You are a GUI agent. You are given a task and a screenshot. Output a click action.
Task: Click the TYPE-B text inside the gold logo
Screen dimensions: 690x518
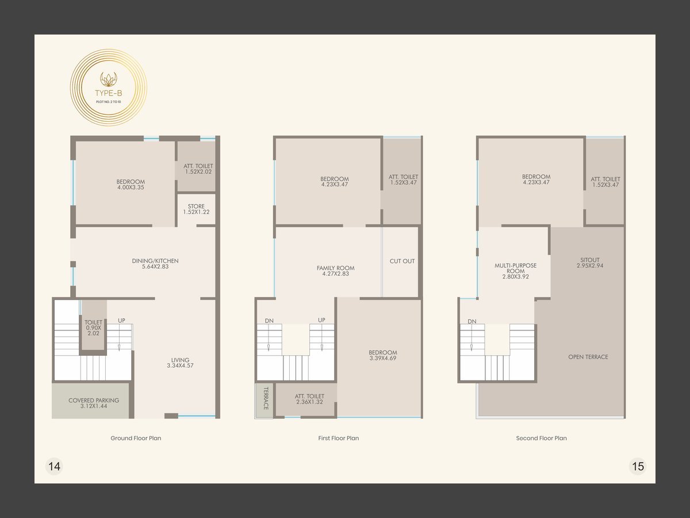109,93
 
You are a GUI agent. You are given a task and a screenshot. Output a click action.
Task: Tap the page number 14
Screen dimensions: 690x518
55,466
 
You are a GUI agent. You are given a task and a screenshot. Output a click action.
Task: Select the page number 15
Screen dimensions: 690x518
638,466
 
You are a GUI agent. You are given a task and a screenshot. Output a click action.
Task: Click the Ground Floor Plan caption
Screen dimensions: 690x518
136,438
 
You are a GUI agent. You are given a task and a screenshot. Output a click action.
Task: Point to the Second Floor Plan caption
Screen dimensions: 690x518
541,438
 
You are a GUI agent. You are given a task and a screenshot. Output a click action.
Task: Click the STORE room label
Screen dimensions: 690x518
196,206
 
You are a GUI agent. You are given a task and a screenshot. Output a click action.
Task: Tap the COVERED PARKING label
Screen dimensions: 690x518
94,401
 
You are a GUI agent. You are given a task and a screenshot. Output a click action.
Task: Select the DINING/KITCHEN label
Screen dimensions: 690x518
155,261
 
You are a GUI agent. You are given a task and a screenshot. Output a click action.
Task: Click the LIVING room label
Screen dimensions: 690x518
180,360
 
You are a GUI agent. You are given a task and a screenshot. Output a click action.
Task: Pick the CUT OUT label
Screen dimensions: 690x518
402,261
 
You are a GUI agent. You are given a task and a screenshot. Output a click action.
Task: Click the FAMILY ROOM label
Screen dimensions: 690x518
335,268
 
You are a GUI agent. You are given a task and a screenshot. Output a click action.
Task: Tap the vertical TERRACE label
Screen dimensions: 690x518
266,398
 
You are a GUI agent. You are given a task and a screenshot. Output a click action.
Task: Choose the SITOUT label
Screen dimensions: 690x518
590,260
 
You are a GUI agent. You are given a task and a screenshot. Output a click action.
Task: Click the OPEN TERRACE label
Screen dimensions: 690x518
588,357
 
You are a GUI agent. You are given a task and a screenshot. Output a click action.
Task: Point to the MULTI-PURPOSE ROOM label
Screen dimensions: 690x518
516,268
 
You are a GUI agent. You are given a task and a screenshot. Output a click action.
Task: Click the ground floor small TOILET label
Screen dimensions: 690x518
93,322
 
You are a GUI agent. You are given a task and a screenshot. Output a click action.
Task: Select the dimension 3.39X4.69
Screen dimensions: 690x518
383,358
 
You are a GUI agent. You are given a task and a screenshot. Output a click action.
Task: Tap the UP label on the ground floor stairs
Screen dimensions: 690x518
122,320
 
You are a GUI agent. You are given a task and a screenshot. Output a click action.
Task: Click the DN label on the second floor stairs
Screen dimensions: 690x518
472,321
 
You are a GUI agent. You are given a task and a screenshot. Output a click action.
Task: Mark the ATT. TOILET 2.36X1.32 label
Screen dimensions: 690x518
309,399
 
